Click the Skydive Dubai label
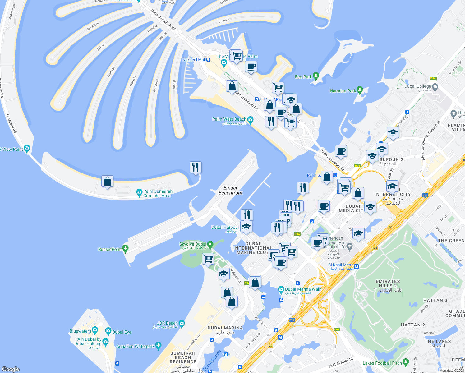[x=193, y=244]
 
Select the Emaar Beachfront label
[x=230, y=190]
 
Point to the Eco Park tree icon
[x=316, y=76]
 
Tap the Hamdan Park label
[x=343, y=91]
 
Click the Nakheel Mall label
[x=194, y=60]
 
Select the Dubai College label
[x=418, y=86]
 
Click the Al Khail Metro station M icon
[x=357, y=266]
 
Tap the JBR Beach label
[x=167, y=323]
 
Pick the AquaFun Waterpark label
[x=135, y=346]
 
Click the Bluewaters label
[x=81, y=331]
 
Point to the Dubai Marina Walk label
[x=303, y=289]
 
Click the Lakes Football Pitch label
[x=382, y=363]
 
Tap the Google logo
[x=11, y=369]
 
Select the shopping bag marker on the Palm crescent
[x=107, y=182]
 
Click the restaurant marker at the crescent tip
[x=196, y=167]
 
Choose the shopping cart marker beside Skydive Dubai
[x=208, y=259]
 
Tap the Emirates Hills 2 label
[x=388, y=283]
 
